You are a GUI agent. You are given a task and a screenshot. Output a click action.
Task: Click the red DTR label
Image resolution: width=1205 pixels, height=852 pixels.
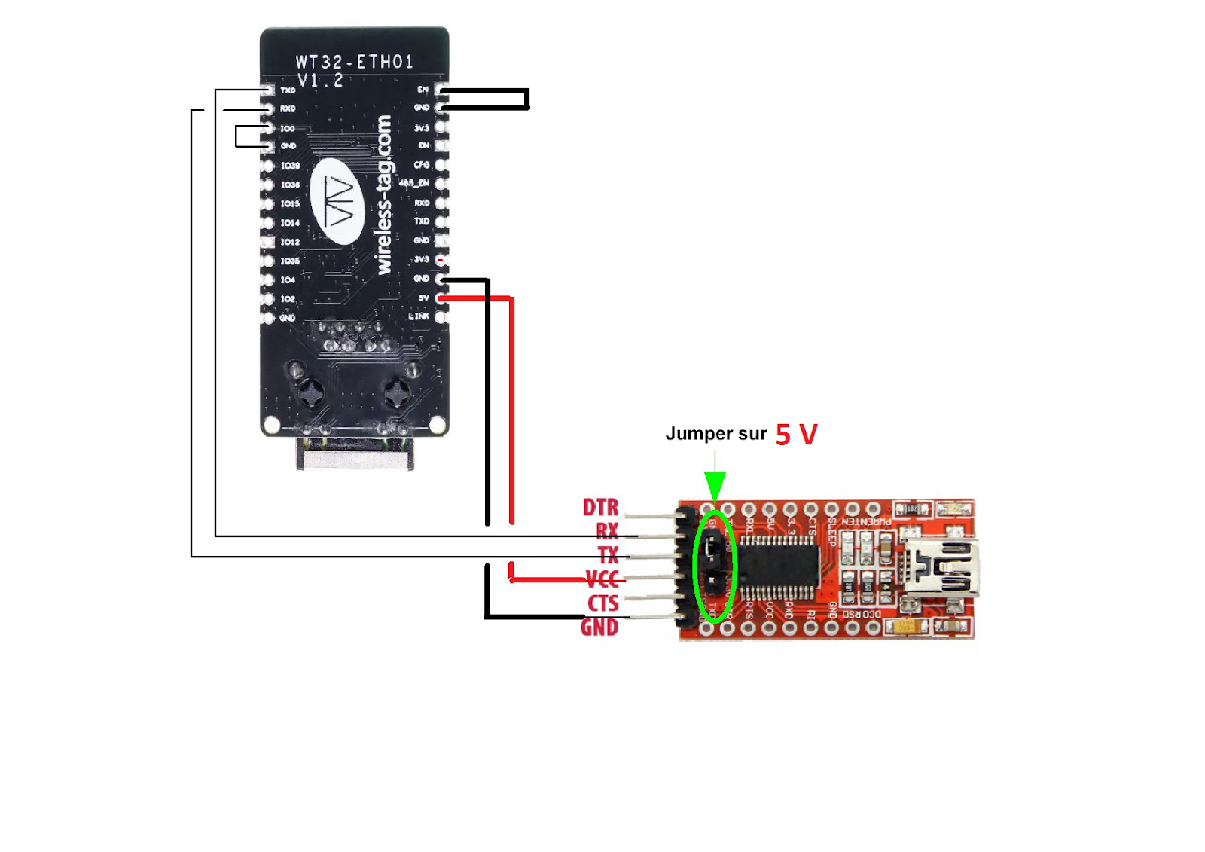point(600,507)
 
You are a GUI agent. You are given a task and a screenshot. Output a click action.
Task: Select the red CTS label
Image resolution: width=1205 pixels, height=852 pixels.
point(602,603)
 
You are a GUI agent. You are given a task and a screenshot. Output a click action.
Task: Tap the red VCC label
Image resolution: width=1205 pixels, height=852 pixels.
point(602,579)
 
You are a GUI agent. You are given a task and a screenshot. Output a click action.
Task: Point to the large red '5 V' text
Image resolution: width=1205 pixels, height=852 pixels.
point(796,435)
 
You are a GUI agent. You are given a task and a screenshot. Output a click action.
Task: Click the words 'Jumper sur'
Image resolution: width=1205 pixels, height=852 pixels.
point(715,434)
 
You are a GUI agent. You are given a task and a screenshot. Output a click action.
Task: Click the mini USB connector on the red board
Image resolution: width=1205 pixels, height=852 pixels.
point(941,570)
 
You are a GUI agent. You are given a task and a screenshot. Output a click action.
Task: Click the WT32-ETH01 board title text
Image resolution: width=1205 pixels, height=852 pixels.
point(354,62)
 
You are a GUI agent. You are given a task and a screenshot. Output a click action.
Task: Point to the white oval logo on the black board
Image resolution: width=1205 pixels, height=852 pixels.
point(337,201)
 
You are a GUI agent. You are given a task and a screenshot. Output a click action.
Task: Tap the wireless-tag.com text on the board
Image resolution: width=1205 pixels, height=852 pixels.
point(383,194)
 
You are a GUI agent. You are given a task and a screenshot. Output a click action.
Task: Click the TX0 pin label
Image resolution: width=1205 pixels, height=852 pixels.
point(288,90)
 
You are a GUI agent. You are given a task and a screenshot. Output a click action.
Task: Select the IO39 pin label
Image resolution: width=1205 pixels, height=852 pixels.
point(290,166)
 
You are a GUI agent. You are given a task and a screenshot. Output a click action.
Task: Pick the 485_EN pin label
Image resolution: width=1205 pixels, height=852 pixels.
point(413,183)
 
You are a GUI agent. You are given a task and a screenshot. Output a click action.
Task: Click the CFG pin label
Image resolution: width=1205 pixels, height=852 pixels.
point(421,165)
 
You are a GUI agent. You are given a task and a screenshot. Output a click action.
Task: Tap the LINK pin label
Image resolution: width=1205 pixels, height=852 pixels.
point(419,316)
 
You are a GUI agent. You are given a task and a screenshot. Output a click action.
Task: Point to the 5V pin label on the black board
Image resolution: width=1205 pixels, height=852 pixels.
point(423,298)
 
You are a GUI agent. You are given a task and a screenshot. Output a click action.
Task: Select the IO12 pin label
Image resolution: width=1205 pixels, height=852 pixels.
point(290,242)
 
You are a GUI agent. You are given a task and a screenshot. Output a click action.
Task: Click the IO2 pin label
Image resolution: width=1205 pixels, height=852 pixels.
point(288,299)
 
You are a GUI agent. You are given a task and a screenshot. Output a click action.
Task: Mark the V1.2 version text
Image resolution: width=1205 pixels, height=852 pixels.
point(320,80)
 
